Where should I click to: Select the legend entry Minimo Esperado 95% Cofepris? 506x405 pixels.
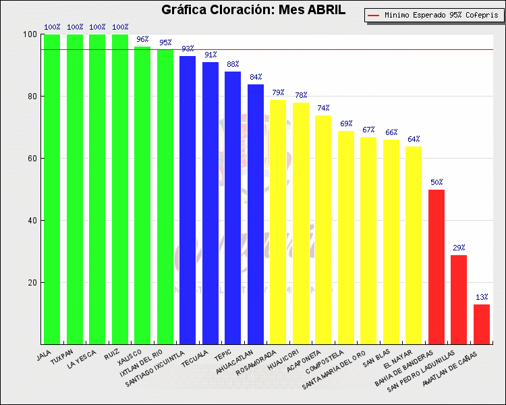pos(436,14)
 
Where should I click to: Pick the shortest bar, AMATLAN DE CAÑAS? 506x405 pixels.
pos(482,324)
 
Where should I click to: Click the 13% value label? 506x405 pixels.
pos(482,297)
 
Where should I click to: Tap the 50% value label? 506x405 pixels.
pos(437,182)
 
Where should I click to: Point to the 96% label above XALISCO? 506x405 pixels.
pos(142,39)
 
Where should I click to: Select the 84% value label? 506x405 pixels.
pos(256,77)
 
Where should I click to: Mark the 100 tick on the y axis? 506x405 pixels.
pos(30,34)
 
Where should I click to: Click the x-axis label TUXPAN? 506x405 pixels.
pos(63,355)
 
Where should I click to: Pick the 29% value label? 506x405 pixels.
pos(459,248)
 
